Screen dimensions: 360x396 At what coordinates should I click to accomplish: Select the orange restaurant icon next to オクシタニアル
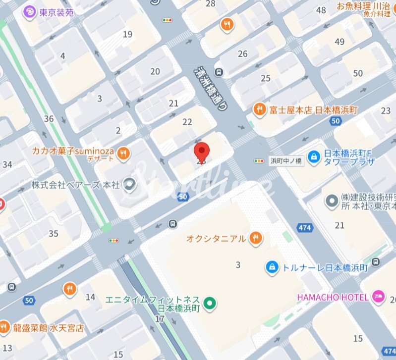point(256,239)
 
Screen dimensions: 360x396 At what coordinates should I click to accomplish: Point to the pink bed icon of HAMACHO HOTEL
point(379,297)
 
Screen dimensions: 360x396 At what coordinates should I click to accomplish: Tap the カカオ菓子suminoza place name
point(73,151)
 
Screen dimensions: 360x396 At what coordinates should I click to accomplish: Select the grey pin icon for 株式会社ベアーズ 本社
point(129,185)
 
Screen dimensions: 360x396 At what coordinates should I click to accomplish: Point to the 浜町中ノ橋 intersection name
point(284,160)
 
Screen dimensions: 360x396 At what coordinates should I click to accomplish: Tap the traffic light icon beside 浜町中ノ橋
point(259,160)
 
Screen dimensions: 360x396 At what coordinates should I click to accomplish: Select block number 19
point(128,34)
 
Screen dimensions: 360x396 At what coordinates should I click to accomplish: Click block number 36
point(49,118)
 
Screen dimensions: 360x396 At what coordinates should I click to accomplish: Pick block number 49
point(339,42)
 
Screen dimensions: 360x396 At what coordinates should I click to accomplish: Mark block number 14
point(90,297)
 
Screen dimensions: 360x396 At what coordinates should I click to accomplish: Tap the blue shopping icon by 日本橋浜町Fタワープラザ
point(313,157)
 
